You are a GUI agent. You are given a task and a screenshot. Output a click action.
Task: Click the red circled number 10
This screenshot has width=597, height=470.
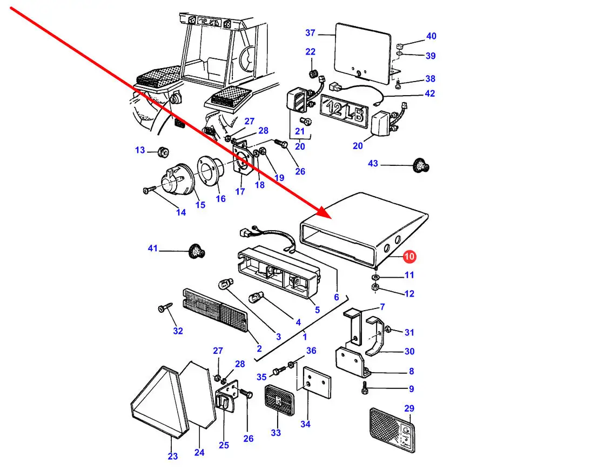409,256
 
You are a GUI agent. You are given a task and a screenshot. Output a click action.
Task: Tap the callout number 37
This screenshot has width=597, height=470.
310,33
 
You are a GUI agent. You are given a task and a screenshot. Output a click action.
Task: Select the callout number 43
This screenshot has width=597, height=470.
373,163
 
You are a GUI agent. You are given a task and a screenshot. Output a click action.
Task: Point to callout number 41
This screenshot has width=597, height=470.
153,249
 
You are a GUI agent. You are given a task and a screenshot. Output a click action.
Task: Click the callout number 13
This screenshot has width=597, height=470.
140,150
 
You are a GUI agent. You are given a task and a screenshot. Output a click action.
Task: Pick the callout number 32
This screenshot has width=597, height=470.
178,331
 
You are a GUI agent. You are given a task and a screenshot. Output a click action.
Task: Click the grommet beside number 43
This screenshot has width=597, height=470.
420,165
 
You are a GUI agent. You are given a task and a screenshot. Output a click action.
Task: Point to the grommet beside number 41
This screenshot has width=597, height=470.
197,251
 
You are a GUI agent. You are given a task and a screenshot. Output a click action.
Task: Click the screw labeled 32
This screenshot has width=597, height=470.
163,308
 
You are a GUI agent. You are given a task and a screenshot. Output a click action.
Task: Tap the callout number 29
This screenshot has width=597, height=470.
409,408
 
